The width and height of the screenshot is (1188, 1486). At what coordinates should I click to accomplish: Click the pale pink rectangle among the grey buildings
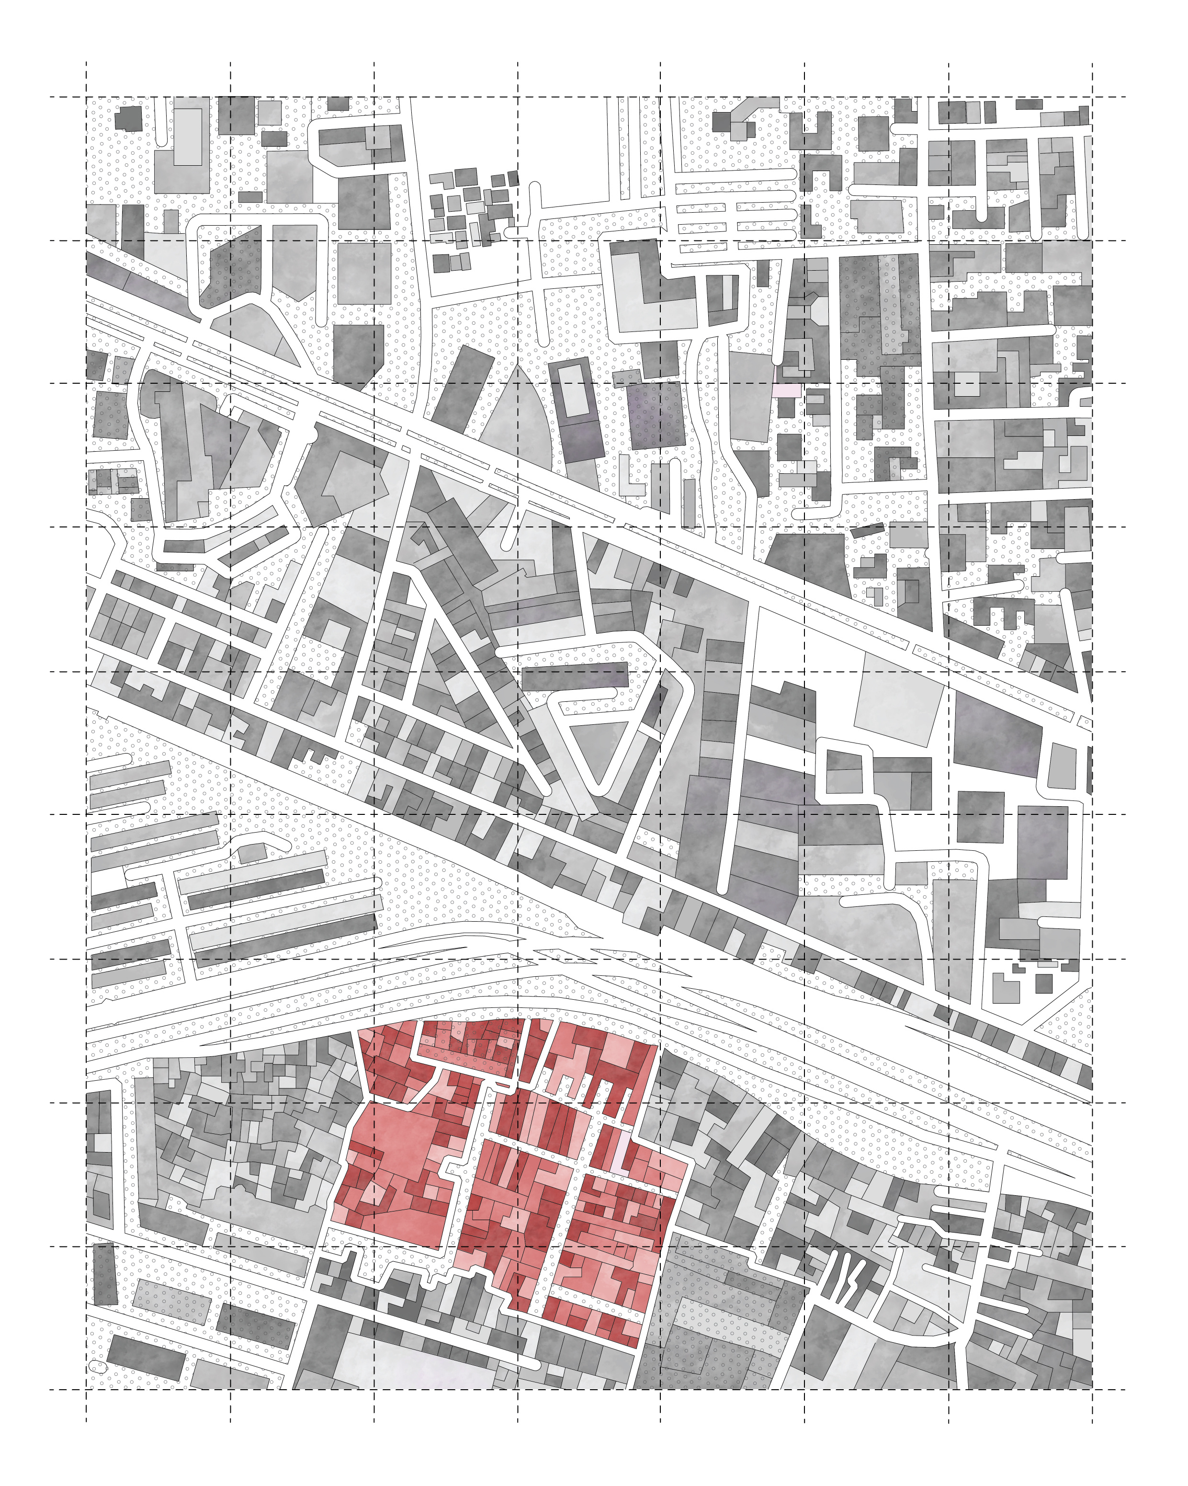pos(786,390)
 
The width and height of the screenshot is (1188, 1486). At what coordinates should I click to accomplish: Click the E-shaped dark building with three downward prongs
pos(1003,609)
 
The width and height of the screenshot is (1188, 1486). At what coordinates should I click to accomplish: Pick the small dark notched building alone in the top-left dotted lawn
pos(128,118)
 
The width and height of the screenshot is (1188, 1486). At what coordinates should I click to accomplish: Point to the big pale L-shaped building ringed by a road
pos(651,289)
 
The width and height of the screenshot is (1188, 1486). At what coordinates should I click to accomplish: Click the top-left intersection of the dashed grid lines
pos(86,97)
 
